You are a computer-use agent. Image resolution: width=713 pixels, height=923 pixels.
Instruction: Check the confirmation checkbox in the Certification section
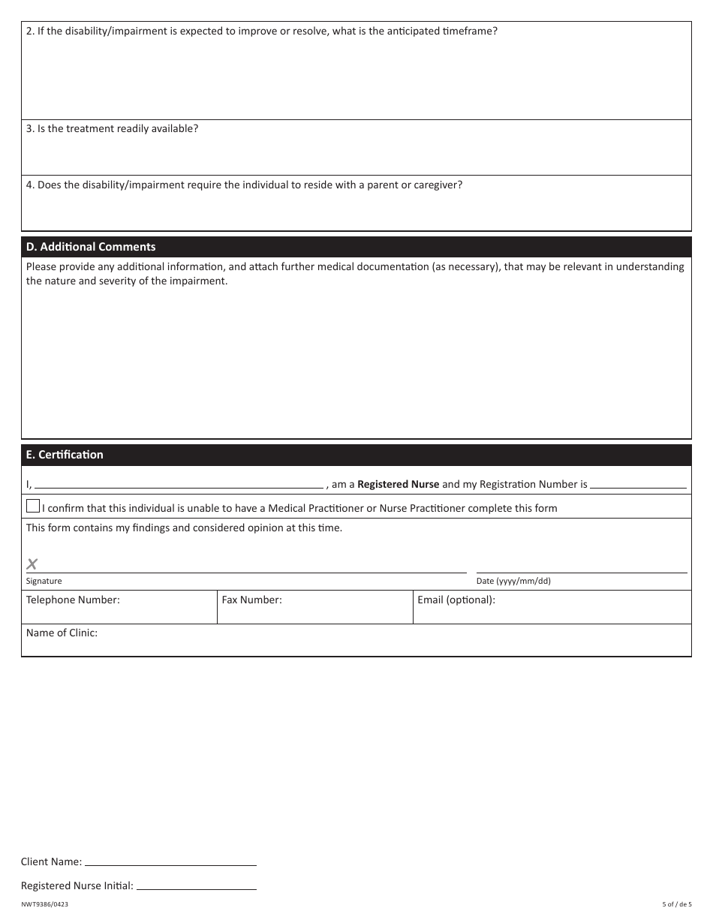(33, 506)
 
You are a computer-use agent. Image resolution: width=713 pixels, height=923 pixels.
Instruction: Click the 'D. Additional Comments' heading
(91, 247)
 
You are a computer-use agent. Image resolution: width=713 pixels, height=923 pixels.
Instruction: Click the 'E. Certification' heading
(65, 455)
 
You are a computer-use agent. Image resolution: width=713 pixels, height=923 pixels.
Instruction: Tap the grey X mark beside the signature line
(32, 564)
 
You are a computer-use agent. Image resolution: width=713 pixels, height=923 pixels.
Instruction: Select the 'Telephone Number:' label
(73, 600)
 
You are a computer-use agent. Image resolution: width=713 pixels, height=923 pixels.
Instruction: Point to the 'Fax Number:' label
(251, 600)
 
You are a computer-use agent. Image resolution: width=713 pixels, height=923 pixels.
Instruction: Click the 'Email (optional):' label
(456, 600)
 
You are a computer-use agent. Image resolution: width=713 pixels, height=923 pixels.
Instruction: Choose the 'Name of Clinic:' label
(62, 633)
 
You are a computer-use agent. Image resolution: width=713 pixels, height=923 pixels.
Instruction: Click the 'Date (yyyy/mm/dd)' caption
(513, 581)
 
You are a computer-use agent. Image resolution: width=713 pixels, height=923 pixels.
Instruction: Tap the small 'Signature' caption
(44, 581)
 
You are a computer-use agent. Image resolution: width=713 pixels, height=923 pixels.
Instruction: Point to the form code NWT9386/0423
(44, 905)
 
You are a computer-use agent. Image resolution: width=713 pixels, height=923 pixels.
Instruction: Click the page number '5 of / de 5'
(676, 905)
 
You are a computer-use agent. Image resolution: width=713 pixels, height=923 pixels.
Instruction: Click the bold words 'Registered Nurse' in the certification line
(398, 485)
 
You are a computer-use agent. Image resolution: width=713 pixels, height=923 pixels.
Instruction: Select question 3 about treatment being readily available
(113, 128)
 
